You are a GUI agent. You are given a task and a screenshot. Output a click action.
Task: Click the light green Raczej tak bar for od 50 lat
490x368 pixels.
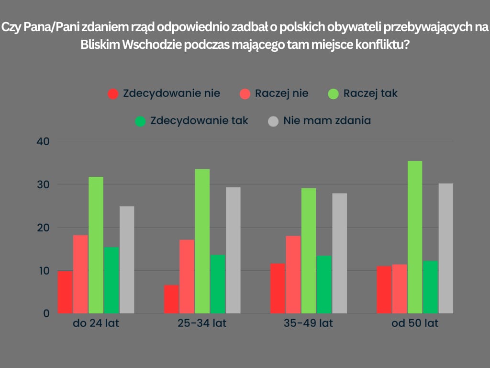pos(415,237)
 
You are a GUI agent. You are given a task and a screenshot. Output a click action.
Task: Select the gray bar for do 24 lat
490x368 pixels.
pos(127,260)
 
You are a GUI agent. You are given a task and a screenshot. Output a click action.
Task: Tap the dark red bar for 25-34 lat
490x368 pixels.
pos(171,299)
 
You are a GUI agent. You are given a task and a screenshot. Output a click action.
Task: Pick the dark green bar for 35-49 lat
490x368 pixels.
pos(324,285)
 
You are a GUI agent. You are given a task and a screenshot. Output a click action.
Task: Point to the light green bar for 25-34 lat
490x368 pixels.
pos(202,241)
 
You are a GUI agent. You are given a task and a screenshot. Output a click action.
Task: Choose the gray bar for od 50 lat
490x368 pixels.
pos(445,248)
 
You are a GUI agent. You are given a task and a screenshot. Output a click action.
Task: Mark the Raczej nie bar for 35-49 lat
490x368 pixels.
pos(293,275)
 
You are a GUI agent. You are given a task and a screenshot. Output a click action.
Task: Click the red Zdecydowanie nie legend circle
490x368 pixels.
pos(113,94)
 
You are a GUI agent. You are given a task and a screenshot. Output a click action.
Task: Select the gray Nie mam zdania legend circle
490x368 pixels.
pos(273,121)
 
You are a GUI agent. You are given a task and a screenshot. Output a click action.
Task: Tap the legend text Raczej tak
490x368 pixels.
pos(370,93)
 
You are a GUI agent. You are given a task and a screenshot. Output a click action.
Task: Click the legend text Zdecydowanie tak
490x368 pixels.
pos(199,120)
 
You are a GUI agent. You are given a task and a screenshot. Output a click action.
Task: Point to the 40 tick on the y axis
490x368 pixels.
pos(43,141)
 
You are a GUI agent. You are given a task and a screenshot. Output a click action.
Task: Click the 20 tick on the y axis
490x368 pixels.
pos(43,228)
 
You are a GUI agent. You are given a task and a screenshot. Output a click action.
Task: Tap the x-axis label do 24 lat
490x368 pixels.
pos(96,323)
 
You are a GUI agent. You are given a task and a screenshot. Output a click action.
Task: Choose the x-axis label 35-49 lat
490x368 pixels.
pos(309,323)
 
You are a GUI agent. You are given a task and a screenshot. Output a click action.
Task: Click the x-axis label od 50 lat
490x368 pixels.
pos(415,323)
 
